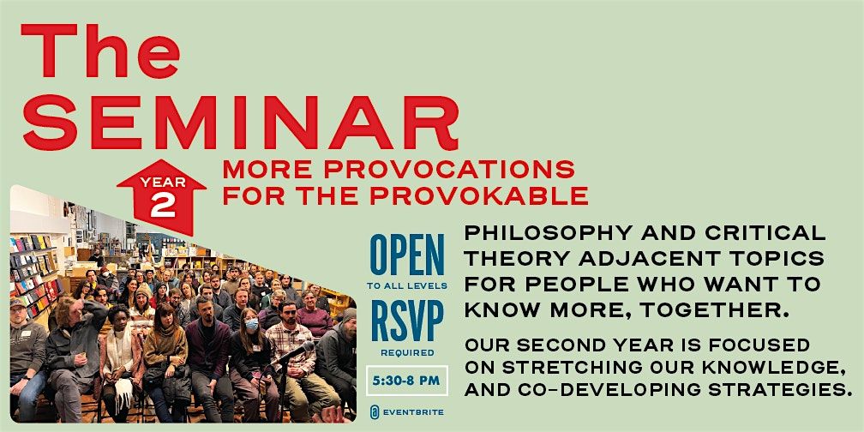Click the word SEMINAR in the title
pyautogui.click(x=240, y=123)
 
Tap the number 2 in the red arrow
pyautogui.click(x=162, y=206)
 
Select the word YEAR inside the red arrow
pyautogui.click(x=162, y=183)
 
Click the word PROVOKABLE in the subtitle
pyautogui.click(x=479, y=196)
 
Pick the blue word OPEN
pyautogui.click(x=406, y=255)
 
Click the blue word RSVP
pyautogui.click(x=407, y=321)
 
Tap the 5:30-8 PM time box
pyautogui.click(x=407, y=381)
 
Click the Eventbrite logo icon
pyautogui.click(x=375, y=411)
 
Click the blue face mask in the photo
pyautogui.click(x=251, y=325)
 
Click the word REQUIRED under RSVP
pyautogui.click(x=407, y=352)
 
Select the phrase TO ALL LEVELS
pyautogui.click(x=407, y=286)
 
